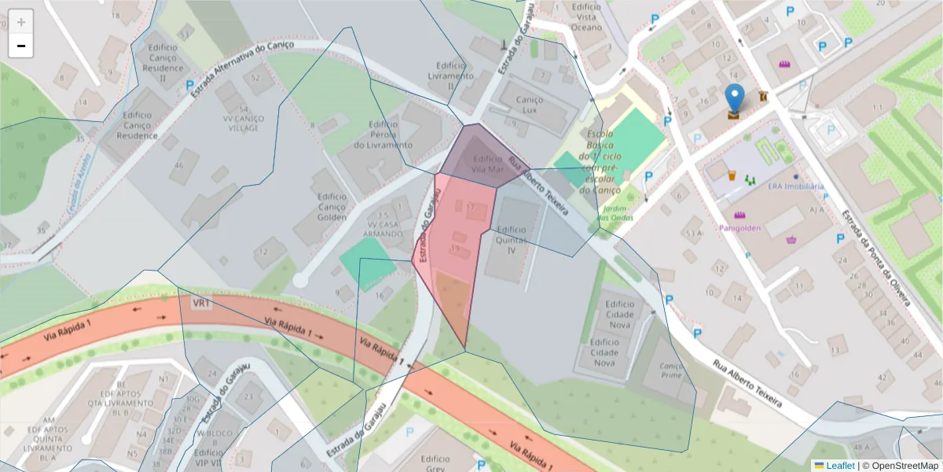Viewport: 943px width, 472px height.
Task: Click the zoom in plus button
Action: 21,22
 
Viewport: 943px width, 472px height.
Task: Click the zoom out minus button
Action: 21,46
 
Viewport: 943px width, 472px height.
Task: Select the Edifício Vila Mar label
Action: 487,164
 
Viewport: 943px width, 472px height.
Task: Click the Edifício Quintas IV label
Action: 511,240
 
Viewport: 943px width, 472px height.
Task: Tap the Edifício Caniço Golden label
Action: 331,207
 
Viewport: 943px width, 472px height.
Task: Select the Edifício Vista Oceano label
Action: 587,17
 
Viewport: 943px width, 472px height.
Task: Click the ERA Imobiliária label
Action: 795,186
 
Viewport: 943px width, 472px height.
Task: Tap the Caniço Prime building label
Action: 671,371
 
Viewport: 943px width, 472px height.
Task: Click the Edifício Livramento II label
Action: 451,76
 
